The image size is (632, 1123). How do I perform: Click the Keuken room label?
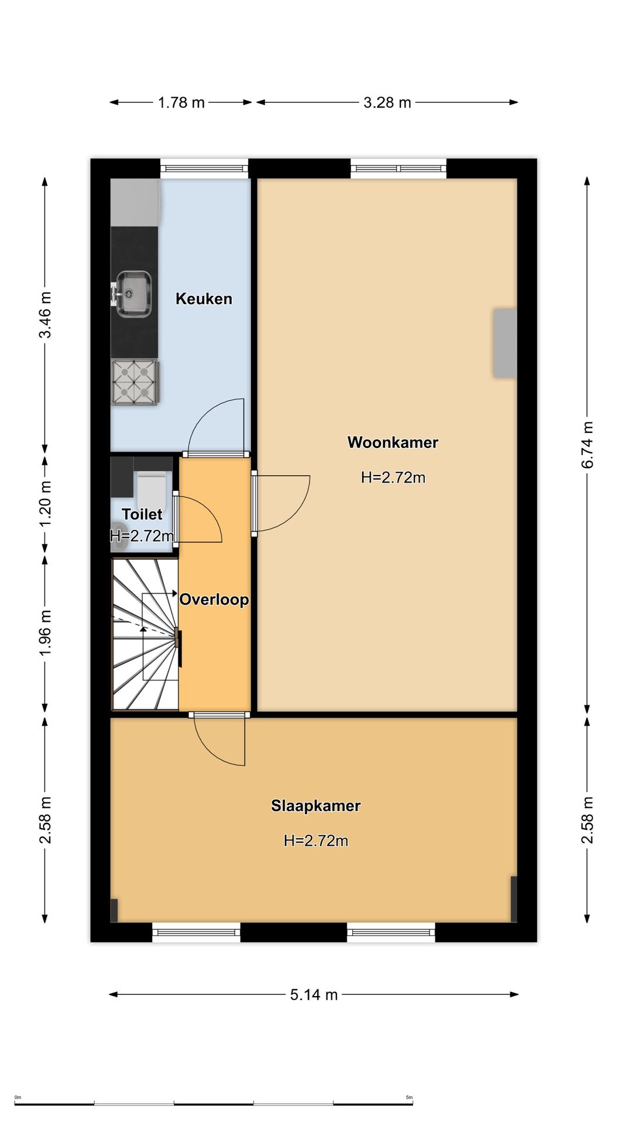click(x=204, y=299)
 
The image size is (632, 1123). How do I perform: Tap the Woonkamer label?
click(x=393, y=442)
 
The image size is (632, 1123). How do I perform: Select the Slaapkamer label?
click(x=315, y=806)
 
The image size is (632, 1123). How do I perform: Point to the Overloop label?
click(x=214, y=600)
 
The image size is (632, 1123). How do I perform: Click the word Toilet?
click(x=142, y=514)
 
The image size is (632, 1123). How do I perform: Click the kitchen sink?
click(x=133, y=294)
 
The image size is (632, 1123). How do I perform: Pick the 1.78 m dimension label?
click(x=181, y=102)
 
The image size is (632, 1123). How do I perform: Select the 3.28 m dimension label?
click(x=387, y=102)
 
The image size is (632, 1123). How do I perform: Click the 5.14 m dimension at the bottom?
click(x=314, y=994)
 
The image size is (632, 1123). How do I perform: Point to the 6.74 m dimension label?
click(x=588, y=445)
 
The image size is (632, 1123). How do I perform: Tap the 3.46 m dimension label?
click(x=45, y=315)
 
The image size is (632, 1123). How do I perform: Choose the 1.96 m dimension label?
click(x=45, y=632)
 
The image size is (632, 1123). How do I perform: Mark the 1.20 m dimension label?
click(x=45, y=504)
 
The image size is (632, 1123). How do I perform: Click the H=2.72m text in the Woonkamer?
click(x=393, y=477)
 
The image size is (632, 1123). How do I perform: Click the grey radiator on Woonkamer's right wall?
click(x=504, y=343)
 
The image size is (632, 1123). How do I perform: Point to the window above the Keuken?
click(x=204, y=168)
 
